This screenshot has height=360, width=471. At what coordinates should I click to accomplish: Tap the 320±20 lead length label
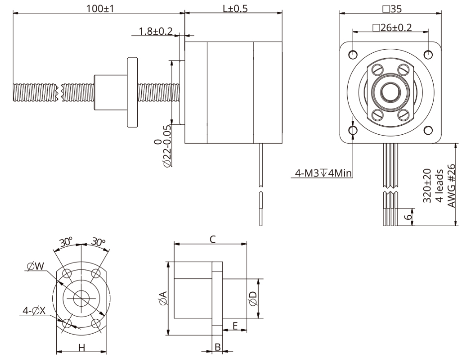(x=427, y=185)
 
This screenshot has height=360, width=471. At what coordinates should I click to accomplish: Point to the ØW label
(x=36, y=267)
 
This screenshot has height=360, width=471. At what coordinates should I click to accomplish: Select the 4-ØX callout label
(x=34, y=311)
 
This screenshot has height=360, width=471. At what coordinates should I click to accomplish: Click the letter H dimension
(x=81, y=347)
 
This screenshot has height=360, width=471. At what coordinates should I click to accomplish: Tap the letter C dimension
(x=212, y=240)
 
